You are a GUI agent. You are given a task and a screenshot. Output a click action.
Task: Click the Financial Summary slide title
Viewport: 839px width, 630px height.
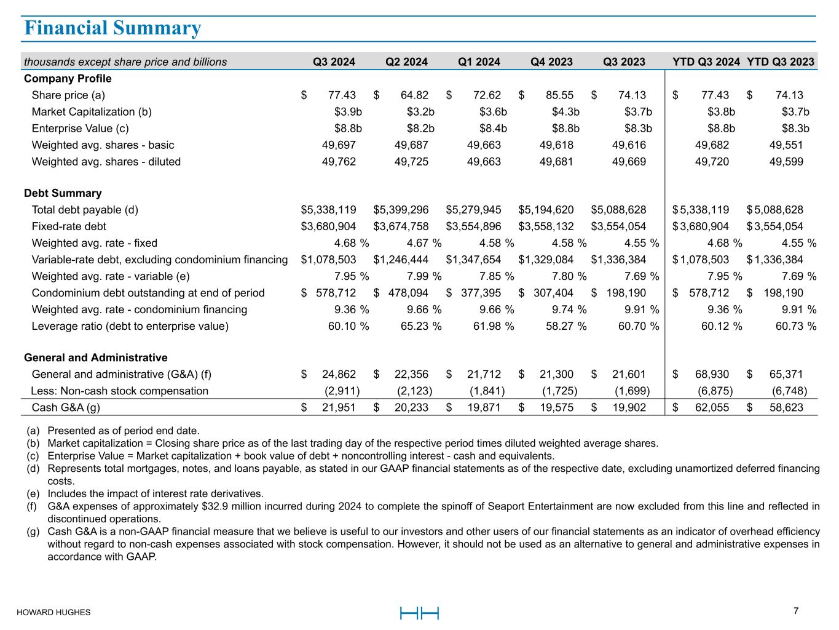[112, 28]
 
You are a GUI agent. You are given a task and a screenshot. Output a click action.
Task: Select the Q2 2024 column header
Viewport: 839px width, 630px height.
[406, 62]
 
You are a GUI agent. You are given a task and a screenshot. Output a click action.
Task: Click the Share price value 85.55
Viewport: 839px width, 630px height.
[559, 95]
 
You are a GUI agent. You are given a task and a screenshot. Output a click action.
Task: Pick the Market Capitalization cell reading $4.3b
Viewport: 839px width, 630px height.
[565, 112]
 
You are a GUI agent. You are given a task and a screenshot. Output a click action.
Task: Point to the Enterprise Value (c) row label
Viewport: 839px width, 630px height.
[80, 129]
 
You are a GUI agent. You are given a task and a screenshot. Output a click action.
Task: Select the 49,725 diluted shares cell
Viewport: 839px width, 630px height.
[411, 162]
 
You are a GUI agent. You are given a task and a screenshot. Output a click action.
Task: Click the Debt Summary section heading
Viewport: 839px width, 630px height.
[63, 193]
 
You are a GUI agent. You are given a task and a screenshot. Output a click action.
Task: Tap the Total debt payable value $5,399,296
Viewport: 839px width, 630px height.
[401, 210]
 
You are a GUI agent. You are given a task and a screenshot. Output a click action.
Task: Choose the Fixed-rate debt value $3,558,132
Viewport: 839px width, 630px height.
[546, 226]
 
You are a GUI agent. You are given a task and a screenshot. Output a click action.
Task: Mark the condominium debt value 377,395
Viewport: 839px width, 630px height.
[481, 293]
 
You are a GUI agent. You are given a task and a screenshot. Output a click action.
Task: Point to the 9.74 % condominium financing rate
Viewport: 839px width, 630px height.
[569, 309]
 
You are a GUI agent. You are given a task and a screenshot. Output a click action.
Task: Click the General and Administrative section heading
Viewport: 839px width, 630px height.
[95, 357]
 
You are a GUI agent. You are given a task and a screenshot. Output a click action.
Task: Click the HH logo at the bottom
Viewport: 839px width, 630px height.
[419, 613]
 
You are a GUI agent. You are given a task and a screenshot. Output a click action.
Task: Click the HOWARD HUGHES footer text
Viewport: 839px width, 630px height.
[53, 612]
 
